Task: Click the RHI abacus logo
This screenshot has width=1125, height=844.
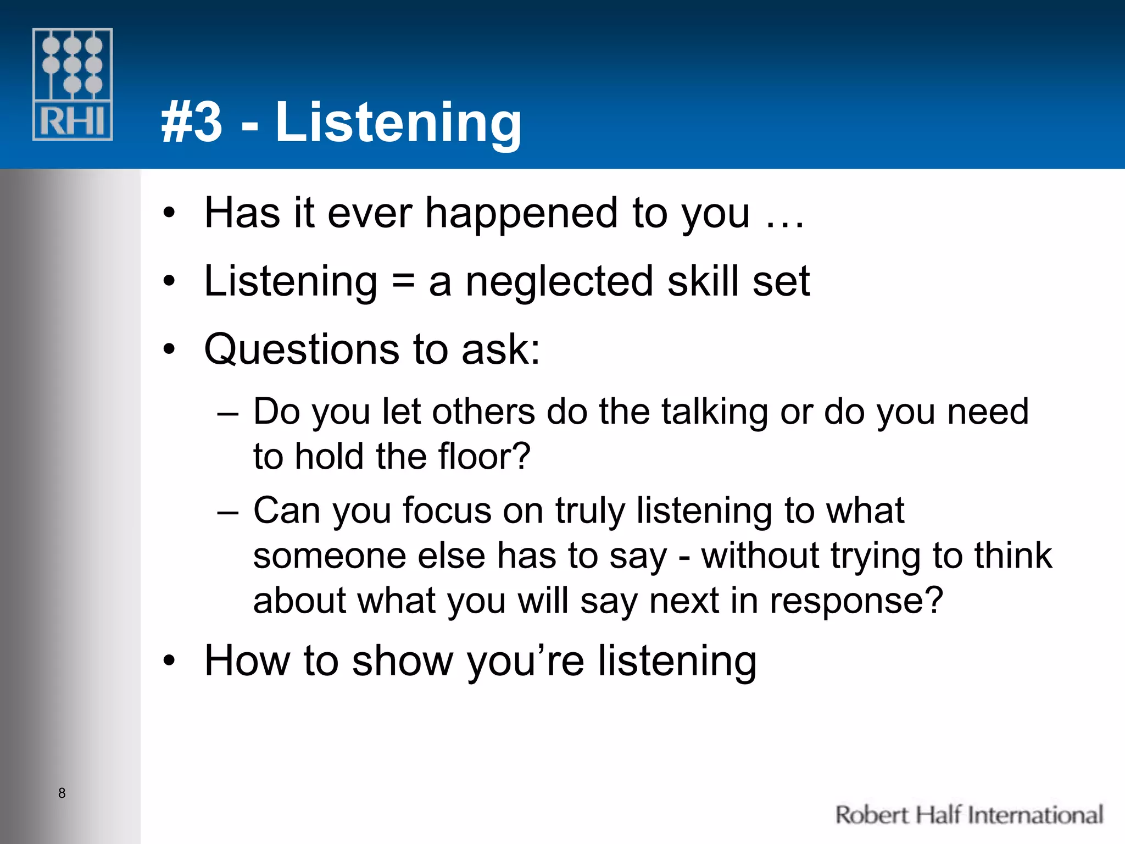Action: point(73,84)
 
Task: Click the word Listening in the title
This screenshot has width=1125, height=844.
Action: point(398,123)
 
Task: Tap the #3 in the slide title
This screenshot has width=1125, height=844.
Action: point(192,123)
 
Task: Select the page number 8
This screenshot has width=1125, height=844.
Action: point(62,793)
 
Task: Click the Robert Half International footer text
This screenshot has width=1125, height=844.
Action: point(969,815)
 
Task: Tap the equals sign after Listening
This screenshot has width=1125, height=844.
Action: point(403,281)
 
